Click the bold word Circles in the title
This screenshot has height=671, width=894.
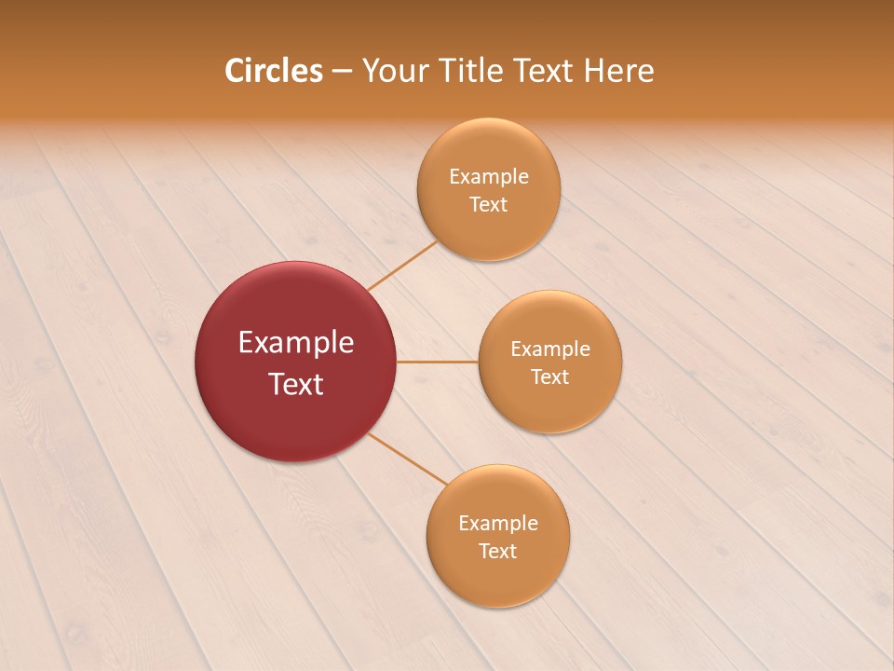(x=274, y=71)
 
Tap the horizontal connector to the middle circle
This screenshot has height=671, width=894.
(x=438, y=362)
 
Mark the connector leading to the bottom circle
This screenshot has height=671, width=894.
(x=407, y=458)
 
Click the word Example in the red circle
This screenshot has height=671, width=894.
(x=296, y=343)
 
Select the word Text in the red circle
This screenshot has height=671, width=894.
(x=296, y=384)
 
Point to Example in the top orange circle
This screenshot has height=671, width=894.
(x=489, y=177)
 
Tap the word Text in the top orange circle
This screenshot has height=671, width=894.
(x=489, y=205)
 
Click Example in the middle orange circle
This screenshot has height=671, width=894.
(x=550, y=349)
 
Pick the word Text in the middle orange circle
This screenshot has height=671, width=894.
(x=550, y=377)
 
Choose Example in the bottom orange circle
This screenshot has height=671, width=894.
(x=498, y=524)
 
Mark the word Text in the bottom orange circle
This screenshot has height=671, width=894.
(x=498, y=552)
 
